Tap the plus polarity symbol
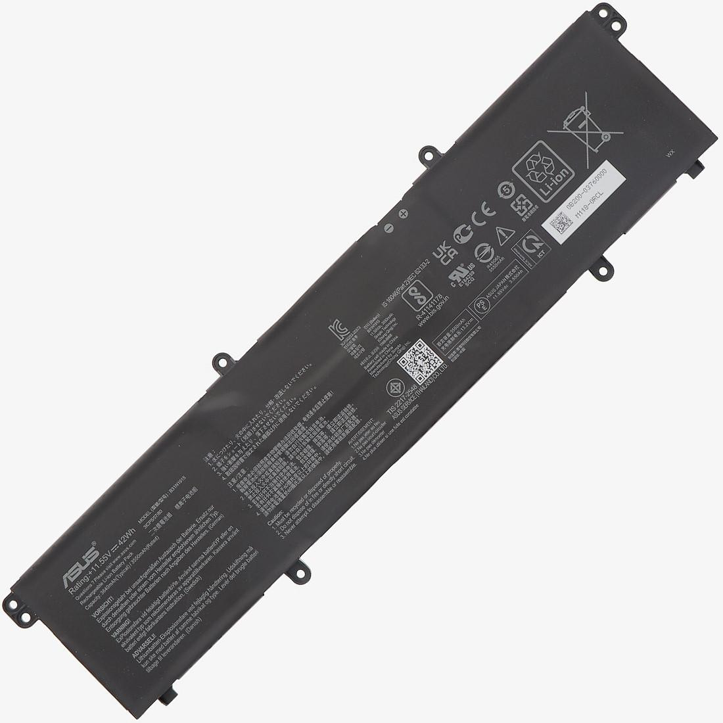coord(403,215)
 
